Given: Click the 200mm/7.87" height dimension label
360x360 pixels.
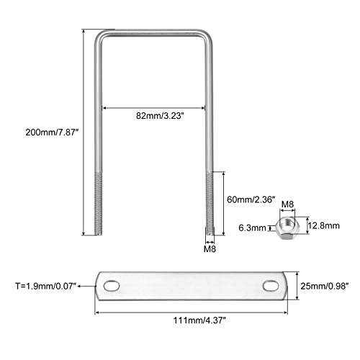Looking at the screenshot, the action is pyautogui.click(x=52, y=132).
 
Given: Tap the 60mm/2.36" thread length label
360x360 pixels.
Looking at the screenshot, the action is pyautogui.click(x=251, y=199).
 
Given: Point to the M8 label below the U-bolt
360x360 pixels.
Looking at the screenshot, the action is pyautogui.click(x=210, y=249).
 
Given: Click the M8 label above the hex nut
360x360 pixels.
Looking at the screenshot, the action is pyautogui.click(x=287, y=204).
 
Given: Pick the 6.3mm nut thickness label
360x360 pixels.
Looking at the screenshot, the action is pyautogui.click(x=252, y=228).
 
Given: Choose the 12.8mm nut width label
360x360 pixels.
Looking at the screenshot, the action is pyautogui.click(x=324, y=225).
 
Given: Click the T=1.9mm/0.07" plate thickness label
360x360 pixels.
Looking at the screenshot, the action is pyautogui.click(x=45, y=286).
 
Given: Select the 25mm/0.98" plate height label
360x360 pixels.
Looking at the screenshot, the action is pyautogui.click(x=325, y=286).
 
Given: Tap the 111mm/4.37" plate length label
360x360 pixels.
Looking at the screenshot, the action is pyautogui.click(x=200, y=320).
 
